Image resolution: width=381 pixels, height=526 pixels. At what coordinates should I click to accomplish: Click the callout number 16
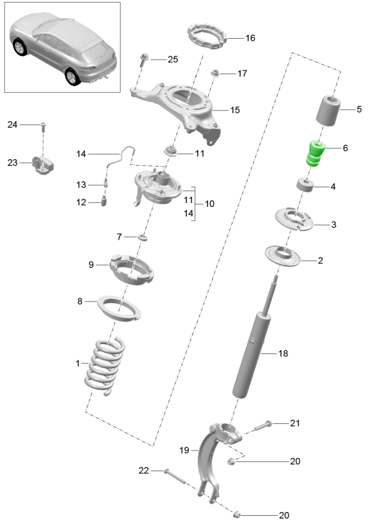(x=250, y=38)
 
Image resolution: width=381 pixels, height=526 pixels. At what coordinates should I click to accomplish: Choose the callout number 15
(x=234, y=110)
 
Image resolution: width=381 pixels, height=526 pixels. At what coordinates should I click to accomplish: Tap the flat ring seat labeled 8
(x=119, y=308)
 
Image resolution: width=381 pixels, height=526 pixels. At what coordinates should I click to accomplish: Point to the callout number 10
(x=210, y=204)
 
